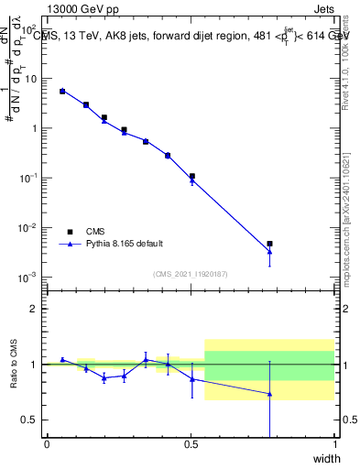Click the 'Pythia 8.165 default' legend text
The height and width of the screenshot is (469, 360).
[x=125, y=244]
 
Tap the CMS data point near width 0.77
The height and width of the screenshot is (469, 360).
[x=269, y=244]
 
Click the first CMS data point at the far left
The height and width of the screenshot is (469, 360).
[x=62, y=92]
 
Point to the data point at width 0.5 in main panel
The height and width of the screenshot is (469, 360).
[x=191, y=176]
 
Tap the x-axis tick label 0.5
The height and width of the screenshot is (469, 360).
[x=191, y=445]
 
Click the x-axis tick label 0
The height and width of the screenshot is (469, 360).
[x=48, y=445]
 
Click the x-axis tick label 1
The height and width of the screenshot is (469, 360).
[x=334, y=445]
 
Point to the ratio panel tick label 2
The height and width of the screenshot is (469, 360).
[x=34, y=310]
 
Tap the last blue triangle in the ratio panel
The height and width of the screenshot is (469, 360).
[x=269, y=394]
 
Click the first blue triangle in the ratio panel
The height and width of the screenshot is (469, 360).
[x=62, y=359]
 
